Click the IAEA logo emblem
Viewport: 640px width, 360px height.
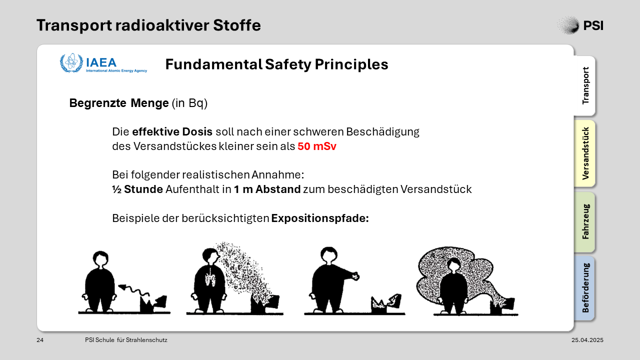tap(71, 63)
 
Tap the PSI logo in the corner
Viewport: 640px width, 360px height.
tap(580, 25)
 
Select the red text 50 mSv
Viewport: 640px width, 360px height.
tap(317, 146)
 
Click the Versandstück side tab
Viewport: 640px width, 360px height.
tap(585, 153)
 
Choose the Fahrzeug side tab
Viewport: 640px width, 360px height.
tap(585, 222)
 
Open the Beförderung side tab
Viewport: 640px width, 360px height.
tap(585, 288)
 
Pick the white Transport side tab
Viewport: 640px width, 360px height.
tap(585, 85)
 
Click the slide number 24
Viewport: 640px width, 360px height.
tap(40, 340)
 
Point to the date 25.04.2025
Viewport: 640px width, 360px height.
tap(587, 340)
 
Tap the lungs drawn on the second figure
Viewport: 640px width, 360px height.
tap(210, 276)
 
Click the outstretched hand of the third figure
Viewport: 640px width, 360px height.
tap(355, 276)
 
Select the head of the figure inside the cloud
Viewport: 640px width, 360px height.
tap(453, 265)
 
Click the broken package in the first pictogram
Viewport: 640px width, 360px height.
tap(153, 304)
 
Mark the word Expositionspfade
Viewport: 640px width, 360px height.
tap(320, 218)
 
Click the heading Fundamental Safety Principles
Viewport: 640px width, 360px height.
tap(276, 64)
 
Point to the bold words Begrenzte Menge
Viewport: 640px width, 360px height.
tap(119, 103)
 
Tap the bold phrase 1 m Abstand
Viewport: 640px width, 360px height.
tap(267, 189)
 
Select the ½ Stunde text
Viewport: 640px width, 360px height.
tap(137, 189)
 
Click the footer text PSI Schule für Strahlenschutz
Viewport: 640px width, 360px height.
tap(126, 340)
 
